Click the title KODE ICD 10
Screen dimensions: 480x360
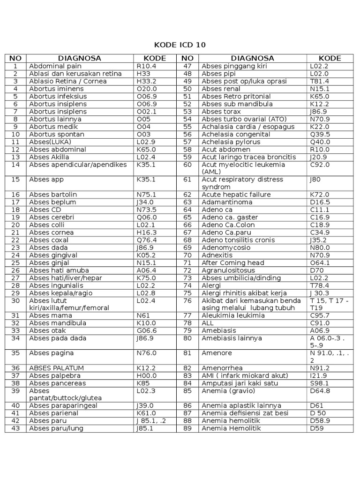180,45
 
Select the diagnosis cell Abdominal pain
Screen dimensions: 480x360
55,66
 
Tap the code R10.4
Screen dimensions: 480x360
146,66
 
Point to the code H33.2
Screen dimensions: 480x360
146,81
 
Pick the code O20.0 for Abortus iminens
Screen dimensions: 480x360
147,89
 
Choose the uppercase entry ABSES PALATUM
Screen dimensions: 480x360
57,368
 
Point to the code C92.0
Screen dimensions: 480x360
320,165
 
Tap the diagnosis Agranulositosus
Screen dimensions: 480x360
228,270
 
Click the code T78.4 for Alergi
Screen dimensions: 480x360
320,285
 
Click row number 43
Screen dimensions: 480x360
15,428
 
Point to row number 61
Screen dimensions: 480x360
188,180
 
